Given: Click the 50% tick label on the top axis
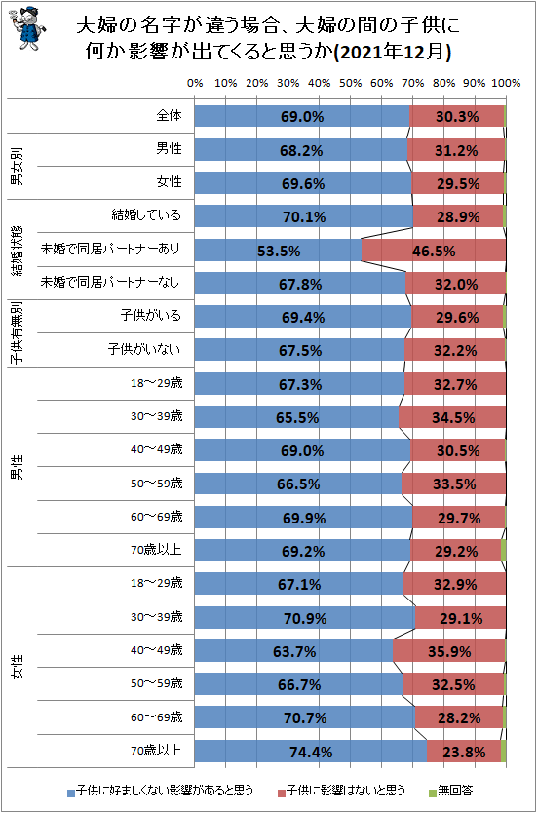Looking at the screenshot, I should tap(350, 84).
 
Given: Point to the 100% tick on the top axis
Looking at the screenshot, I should tap(504, 84).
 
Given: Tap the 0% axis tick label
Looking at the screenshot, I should tap(195, 84).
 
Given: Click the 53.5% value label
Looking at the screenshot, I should tap(278, 251).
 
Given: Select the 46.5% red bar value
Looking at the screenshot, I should tap(434, 251).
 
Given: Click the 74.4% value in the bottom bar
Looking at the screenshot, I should tap(311, 752).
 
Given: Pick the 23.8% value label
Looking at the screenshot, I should tap(463, 752).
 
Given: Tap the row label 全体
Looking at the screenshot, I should tap(169, 116).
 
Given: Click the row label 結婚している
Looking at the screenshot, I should tap(147, 215).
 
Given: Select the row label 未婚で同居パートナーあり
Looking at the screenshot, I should tap(110, 250).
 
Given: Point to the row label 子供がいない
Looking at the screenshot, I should tap(143, 349).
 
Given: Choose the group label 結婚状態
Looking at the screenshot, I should tap(18, 251).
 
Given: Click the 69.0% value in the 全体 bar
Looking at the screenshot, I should tap(302, 117).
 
